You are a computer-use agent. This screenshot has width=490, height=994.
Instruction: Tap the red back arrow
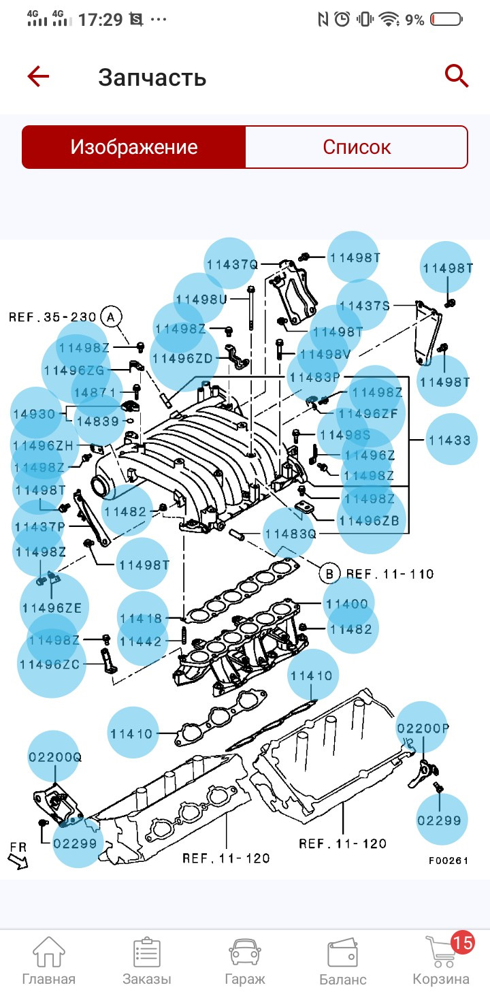tap(38, 76)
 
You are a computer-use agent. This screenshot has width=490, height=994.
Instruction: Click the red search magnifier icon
tap(457, 76)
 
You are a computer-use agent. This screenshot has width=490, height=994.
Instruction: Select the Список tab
tap(357, 147)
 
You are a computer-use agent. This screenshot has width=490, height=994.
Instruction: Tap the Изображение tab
tap(134, 147)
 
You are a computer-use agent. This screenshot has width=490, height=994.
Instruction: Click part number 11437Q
tap(232, 264)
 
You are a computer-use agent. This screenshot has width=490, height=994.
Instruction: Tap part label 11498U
tap(200, 299)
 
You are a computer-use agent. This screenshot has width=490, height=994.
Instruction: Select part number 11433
tap(449, 440)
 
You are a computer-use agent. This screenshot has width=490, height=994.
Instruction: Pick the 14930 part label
tap(34, 414)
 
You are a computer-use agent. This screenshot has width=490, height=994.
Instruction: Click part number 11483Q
tap(290, 534)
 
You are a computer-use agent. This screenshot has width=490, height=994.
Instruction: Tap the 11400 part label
tap(346, 604)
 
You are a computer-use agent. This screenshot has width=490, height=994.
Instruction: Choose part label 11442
tap(141, 641)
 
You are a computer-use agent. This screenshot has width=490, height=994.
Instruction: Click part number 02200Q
tap(54, 757)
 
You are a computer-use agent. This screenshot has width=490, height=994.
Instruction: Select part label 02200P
tap(423, 728)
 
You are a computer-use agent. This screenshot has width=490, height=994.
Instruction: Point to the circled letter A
tap(110, 317)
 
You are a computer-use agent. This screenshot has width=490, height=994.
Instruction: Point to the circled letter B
tap(329, 574)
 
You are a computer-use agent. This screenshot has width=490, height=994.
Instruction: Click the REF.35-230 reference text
tap(52, 317)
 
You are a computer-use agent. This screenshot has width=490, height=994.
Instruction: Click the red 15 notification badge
tap(463, 943)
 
